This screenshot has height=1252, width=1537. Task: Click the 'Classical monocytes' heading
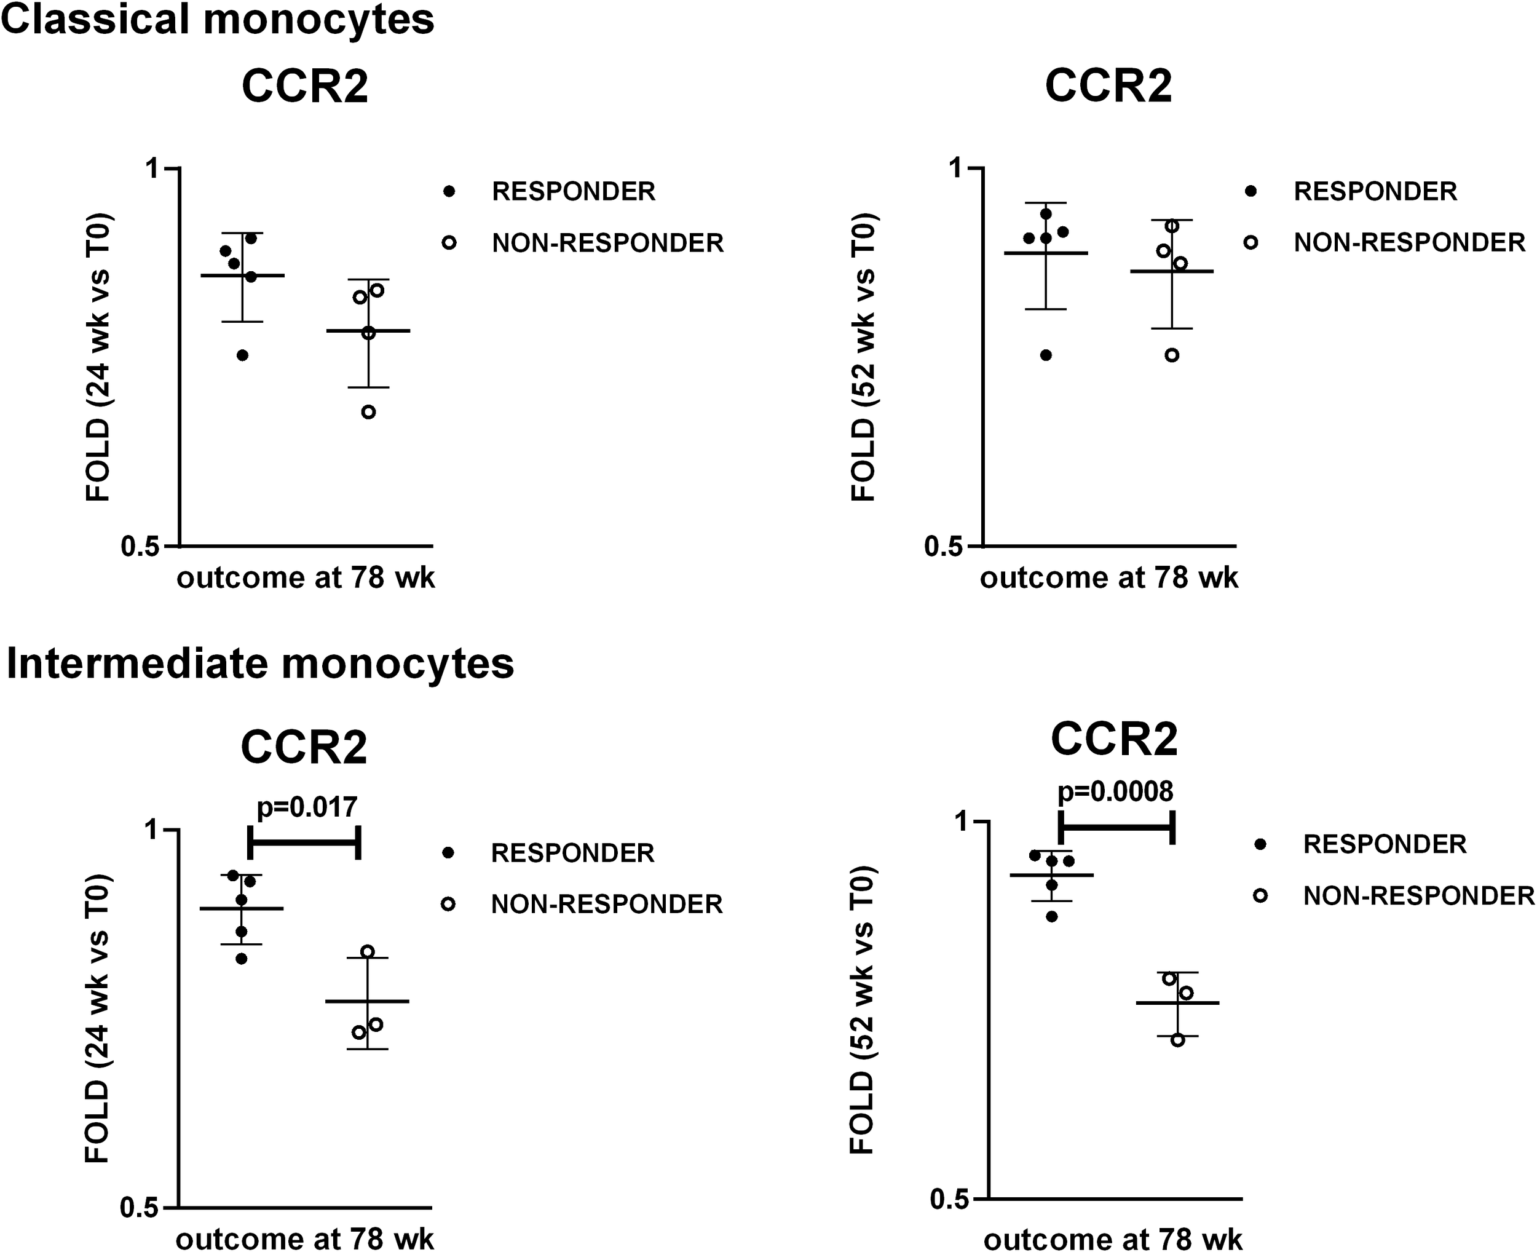click(x=218, y=20)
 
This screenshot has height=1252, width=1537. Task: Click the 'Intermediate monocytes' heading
click(x=260, y=664)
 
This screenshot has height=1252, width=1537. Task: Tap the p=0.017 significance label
click(x=307, y=807)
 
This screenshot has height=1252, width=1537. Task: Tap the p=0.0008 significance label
click(x=1115, y=792)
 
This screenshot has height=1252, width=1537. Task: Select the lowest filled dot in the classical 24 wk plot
click(x=242, y=355)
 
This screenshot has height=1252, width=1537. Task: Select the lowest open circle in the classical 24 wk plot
click(x=368, y=413)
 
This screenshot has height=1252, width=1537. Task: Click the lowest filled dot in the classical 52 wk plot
click(x=1046, y=355)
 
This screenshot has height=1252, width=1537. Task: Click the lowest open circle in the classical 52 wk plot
click(x=1172, y=355)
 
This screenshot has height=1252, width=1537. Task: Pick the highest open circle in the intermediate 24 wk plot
click(x=368, y=951)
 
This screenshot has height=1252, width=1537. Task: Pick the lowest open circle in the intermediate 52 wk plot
click(x=1177, y=1040)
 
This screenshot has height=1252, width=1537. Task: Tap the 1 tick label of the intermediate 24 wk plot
click(x=151, y=830)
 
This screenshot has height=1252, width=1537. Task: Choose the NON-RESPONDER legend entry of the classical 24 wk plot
click(x=607, y=243)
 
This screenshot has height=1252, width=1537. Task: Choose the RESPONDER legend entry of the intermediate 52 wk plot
click(x=1384, y=844)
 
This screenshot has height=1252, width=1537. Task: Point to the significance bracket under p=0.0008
click(x=1116, y=826)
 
